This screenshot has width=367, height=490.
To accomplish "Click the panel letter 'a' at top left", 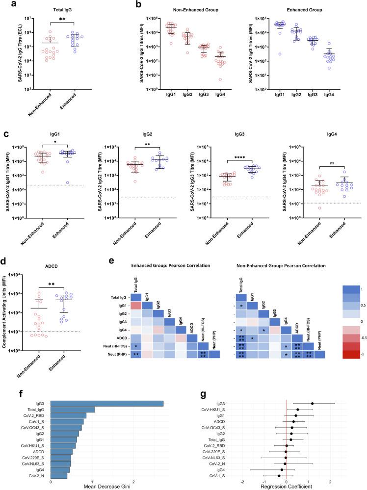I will click(x=4, y=5).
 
